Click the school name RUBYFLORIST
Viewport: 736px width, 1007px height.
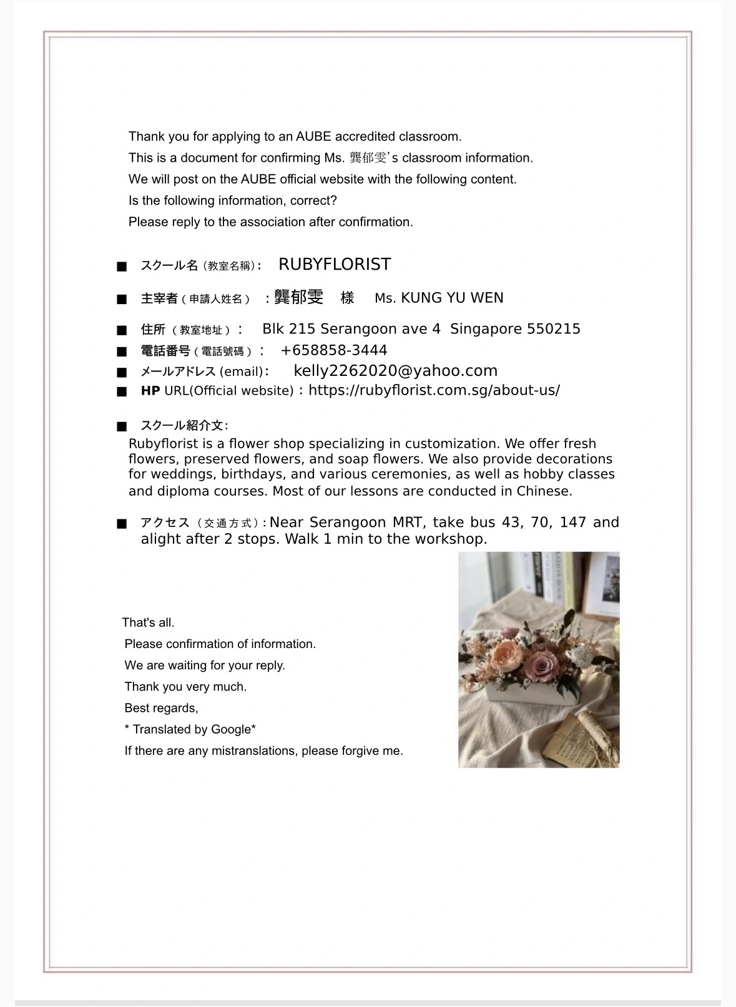[x=335, y=265]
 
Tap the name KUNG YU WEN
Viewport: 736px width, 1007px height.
[x=452, y=298]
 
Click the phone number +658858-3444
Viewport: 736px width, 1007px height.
[x=334, y=350]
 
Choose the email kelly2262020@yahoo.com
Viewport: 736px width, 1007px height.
[x=395, y=371]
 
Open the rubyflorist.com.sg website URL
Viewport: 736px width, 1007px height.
[x=434, y=390]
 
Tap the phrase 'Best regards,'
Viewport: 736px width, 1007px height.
[x=161, y=708]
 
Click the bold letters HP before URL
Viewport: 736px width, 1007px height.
[x=150, y=391]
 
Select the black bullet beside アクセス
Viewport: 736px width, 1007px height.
[x=122, y=524]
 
